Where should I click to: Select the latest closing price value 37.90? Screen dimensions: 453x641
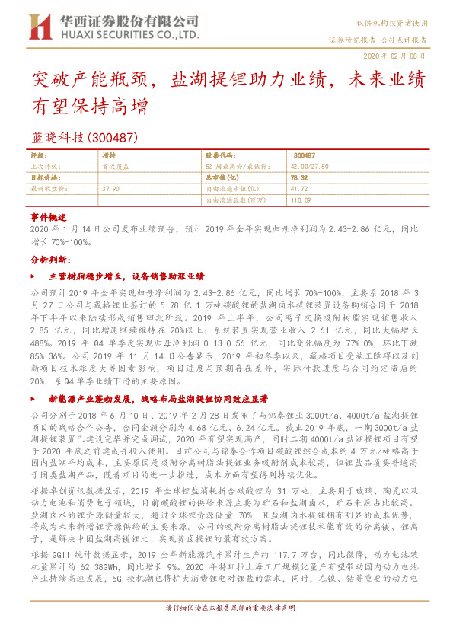pyautogui.click(x=110, y=187)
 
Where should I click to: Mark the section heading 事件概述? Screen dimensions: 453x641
pyautogui.click(x=49, y=218)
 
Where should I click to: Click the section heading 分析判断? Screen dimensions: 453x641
pyautogui.click(x=50, y=260)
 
